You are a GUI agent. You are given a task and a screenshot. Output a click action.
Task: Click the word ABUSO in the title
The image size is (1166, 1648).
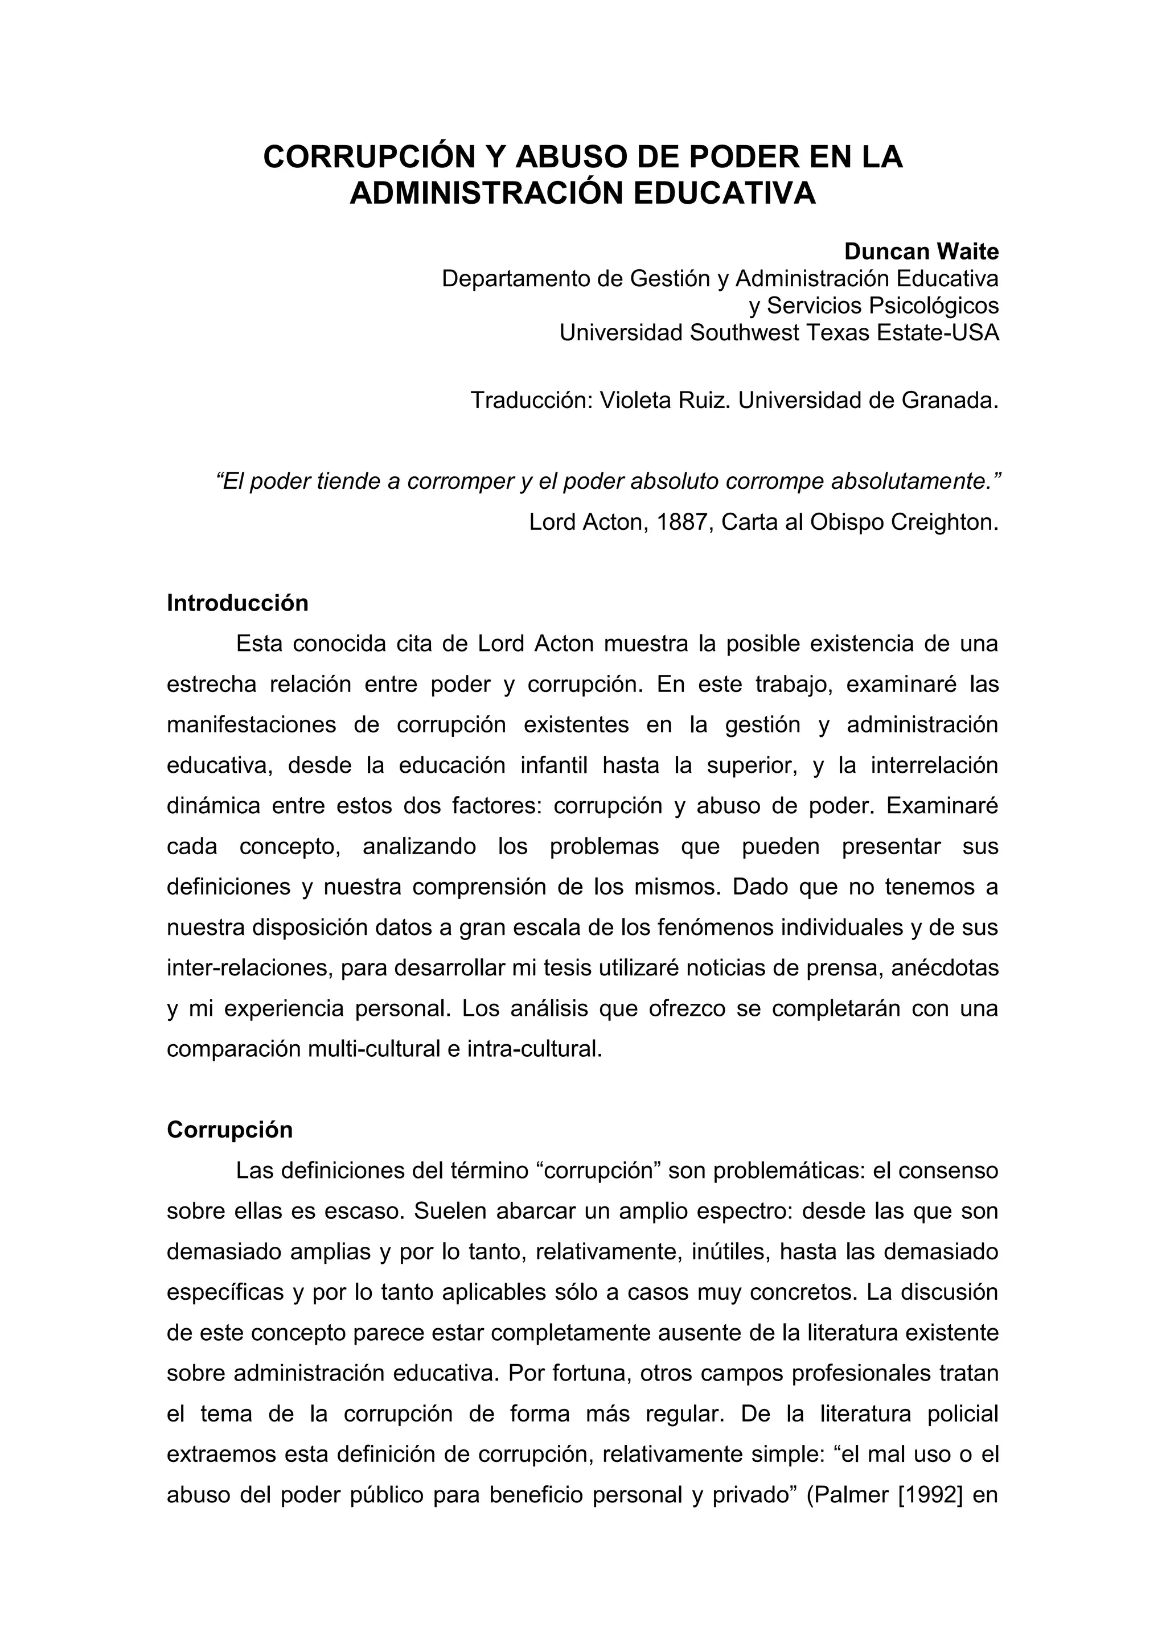point(568,157)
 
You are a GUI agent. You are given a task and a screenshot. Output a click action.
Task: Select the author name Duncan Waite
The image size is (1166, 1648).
point(921,252)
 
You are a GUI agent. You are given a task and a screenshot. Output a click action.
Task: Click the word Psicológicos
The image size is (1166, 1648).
point(933,306)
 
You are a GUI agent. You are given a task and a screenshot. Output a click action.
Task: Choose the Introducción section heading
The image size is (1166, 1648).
point(237,603)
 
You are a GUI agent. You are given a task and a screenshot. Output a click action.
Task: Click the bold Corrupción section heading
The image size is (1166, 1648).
point(230,1130)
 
